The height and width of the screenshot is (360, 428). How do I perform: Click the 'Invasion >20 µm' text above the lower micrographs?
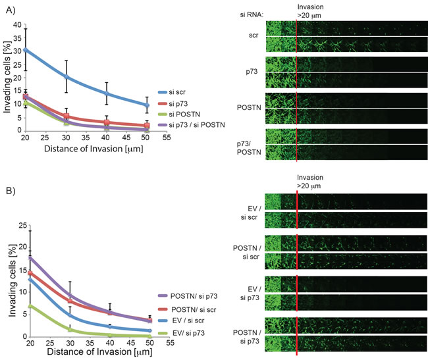[310, 182]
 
